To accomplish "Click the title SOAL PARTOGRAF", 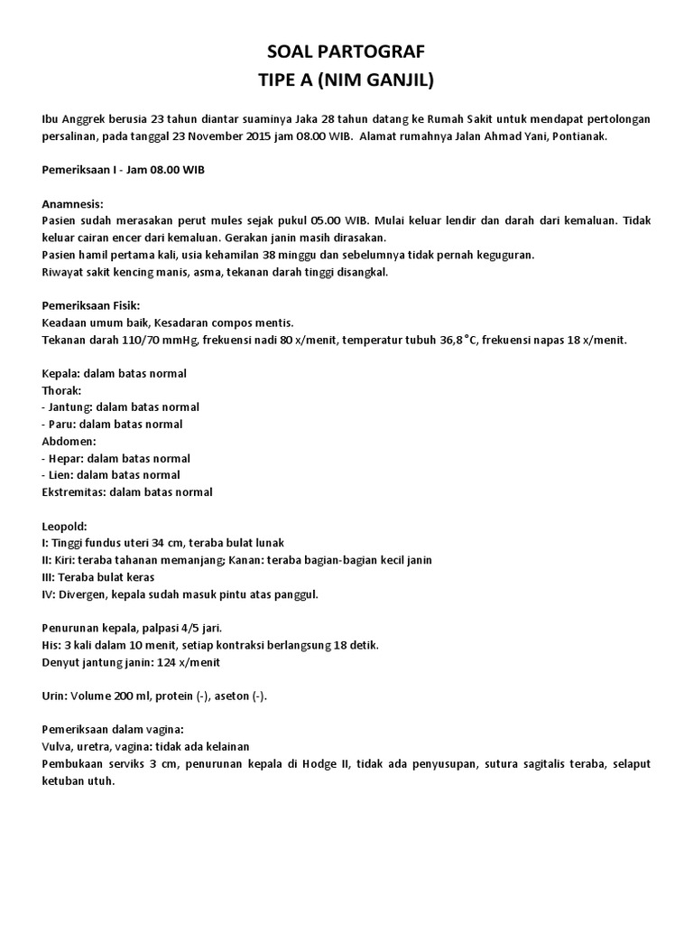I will point(346,53).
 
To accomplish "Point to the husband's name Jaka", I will point(258,120).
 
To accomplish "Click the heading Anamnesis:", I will point(73,204).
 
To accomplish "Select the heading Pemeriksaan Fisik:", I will point(91,305).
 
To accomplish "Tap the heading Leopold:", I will point(66,526).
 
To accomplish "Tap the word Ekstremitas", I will point(74,492).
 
